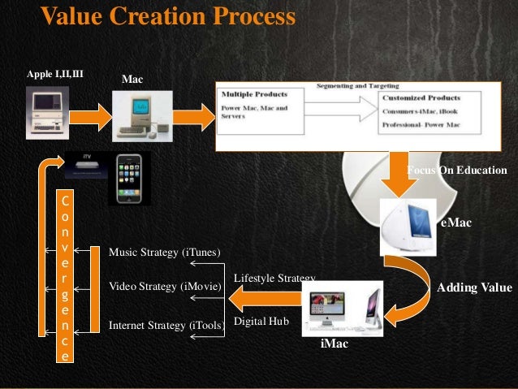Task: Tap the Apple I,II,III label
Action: click(x=55, y=75)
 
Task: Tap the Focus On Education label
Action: click(x=456, y=171)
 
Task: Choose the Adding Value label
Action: click(x=474, y=287)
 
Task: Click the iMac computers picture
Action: click(x=342, y=308)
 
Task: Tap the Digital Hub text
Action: click(x=261, y=322)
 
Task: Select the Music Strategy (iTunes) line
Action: click(x=165, y=253)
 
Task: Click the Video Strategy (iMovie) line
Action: click(x=165, y=287)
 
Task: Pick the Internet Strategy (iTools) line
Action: click(x=166, y=326)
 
